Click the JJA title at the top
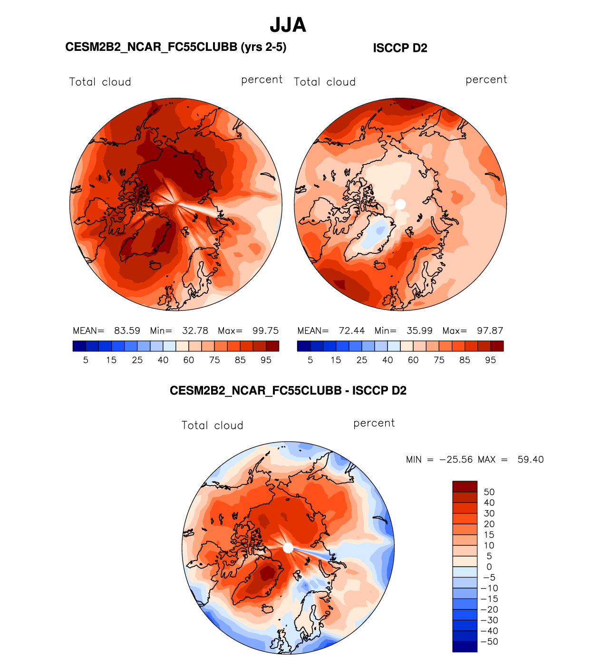[x=288, y=25]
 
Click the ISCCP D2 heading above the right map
[x=400, y=48]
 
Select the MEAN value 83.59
[x=127, y=331]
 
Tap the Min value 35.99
[x=419, y=331]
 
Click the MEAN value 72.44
[x=351, y=331]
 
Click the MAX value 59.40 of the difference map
[x=530, y=460]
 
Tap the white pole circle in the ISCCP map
[x=400, y=204]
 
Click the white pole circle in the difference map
[x=288, y=548]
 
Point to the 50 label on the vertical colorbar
[x=489, y=492]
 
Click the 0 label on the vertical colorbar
[x=489, y=567]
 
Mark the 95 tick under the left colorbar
[x=266, y=360]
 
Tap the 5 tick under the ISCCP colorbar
[x=310, y=360]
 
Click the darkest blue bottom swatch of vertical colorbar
[x=465, y=647]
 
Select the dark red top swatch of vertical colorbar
[x=465, y=486]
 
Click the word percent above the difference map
[x=374, y=423]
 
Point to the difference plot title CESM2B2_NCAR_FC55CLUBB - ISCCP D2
[x=288, y=391]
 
